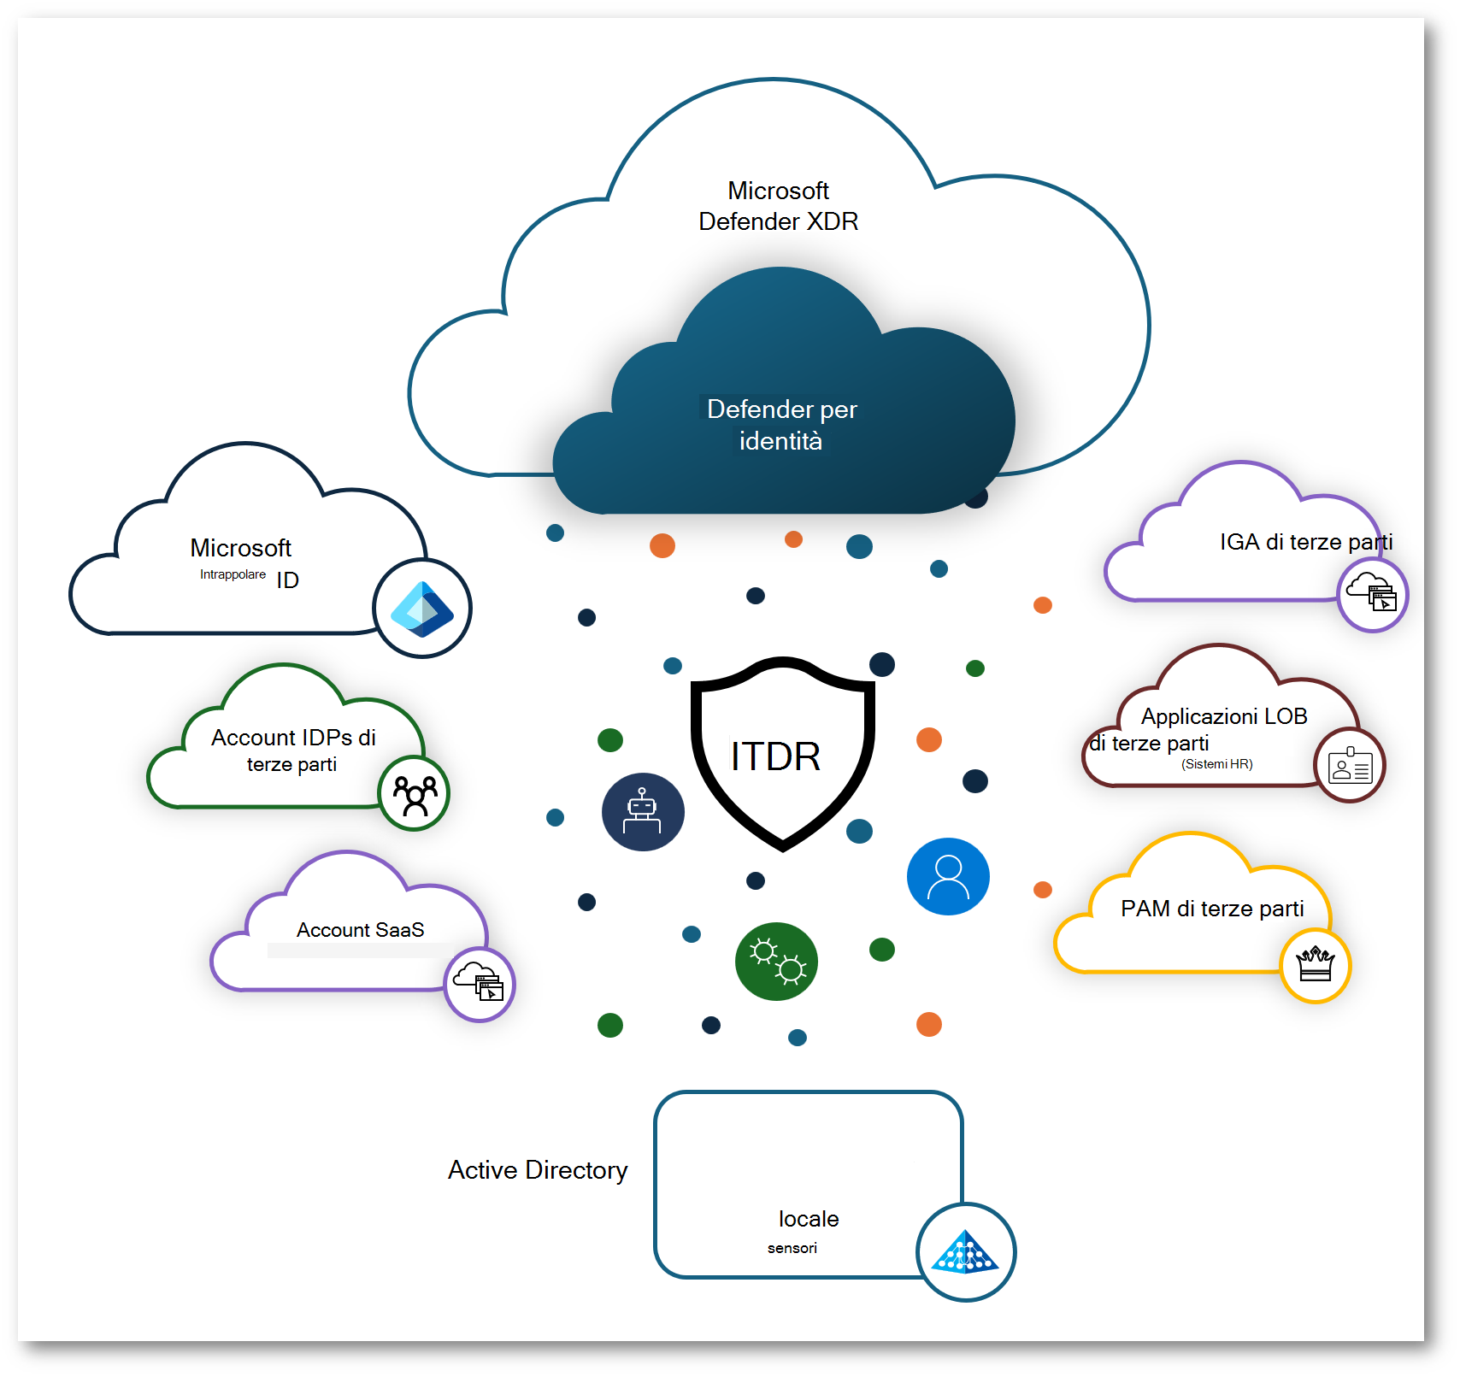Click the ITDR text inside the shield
point(775,756)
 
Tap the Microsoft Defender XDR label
point(778,206)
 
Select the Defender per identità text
point(781,425)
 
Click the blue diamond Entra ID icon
point(422,609)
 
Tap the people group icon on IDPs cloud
point(415,794)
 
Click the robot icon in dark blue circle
point(643,812)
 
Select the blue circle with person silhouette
point(948,877)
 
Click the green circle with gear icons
point(776,962)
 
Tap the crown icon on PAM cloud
point(1315,965)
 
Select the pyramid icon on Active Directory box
point(965,1252)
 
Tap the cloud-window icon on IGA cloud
point(1372,594)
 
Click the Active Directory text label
point(538,1169)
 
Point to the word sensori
point(792,1248)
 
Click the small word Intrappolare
point(233,574)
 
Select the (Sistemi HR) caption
point(1216,764)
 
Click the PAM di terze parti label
point(1212,909)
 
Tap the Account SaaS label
point(360,930)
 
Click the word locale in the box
point(809,1219)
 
